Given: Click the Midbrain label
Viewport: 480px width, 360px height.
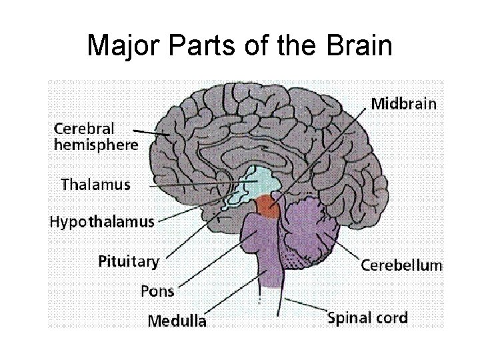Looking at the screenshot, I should pyautogui.click(x=403, y=104).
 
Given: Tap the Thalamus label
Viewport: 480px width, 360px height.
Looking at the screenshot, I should pyautogui.click(x=95, y=183).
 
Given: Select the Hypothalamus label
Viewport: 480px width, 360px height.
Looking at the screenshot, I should pyautogui.click(x=102, y=222).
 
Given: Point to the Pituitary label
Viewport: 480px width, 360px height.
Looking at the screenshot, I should pyautogui.click(x=129, y=261).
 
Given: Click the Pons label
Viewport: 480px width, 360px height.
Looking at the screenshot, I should pyautogui.click(x=157, y=291).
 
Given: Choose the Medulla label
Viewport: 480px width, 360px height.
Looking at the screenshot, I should pyautogui.click(x=177, y=321).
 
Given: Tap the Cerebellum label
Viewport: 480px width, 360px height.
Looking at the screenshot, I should pyautogui.click(x=401, y=265).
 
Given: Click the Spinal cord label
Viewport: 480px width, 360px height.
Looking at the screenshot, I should pyautogui.click(x=367, y=317).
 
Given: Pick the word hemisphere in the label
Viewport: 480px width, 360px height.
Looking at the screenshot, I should pyautogui.click(x=96, y=144).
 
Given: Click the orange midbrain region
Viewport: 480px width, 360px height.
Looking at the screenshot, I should pyautogui.click(x=269, y=206).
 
